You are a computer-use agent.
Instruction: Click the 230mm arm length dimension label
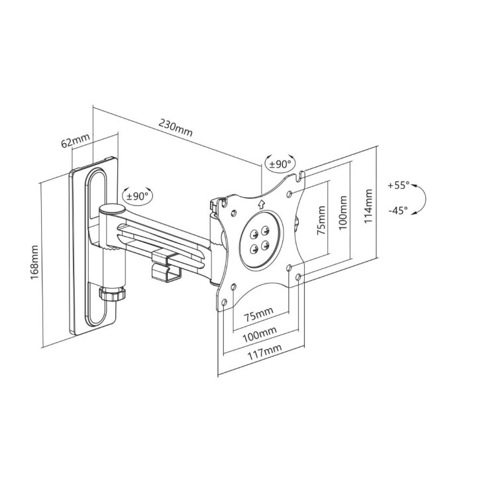click(176, 127)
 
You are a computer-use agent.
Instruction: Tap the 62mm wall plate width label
click(75, 141)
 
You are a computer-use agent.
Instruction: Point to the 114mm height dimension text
click(368, 206)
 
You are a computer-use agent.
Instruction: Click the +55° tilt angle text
click(399, 185)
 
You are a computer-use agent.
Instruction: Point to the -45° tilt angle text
click(399, 211)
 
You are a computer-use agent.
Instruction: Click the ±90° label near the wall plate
click(138, 195)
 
